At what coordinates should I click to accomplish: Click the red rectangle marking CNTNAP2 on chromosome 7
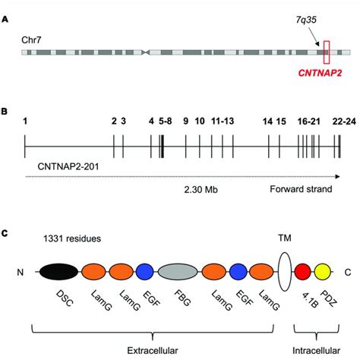(327, 41)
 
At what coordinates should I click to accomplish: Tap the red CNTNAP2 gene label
(320, 73)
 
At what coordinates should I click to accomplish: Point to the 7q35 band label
(306, 20)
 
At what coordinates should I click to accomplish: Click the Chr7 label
(31, 40)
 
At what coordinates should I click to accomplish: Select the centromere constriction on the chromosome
(145, 52)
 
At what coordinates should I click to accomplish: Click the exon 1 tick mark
(25, 147)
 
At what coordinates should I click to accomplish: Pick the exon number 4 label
(151, 122)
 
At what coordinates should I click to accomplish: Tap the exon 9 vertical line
(186, 147)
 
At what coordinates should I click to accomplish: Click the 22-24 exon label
(344, 122)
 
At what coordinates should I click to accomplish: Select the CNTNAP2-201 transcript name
(68, 167)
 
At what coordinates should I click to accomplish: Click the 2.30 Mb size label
(201, 189)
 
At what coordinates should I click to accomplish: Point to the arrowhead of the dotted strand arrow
(337, 176)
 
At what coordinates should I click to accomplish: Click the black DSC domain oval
(58, 272)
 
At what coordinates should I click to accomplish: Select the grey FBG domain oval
(178, 272)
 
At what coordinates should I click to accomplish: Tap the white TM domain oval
(285, 272)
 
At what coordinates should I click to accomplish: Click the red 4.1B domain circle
(303, 272)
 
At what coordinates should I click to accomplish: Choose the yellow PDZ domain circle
(323, 272)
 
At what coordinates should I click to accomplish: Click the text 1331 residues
(72, 238)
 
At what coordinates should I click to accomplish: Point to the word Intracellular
(316, 351)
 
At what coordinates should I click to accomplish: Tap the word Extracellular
(153, 351)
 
